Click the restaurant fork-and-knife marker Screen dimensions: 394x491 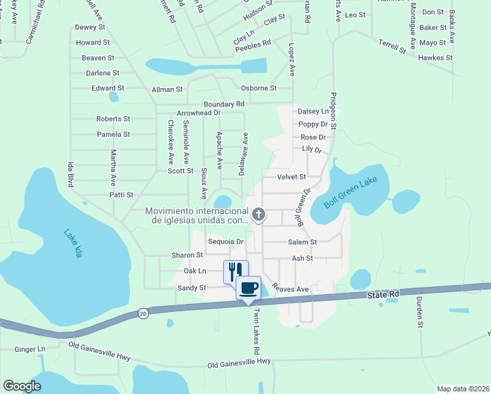pos(236,271)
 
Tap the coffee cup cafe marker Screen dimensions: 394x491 pos(248,288)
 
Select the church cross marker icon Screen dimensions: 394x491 pos(259,214)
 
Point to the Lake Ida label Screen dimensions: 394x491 pos(73,242)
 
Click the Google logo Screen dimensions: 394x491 pos(22,386)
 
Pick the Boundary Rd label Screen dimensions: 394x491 pos(224,104)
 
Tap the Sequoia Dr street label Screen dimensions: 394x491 pos(226,242)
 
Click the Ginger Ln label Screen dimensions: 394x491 pos(30,349)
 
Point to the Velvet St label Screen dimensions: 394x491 pos(291,177)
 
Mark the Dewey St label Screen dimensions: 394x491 pos(90,27)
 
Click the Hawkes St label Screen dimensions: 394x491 pos(436,58)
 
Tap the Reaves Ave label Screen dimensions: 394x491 pos(291,289)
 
